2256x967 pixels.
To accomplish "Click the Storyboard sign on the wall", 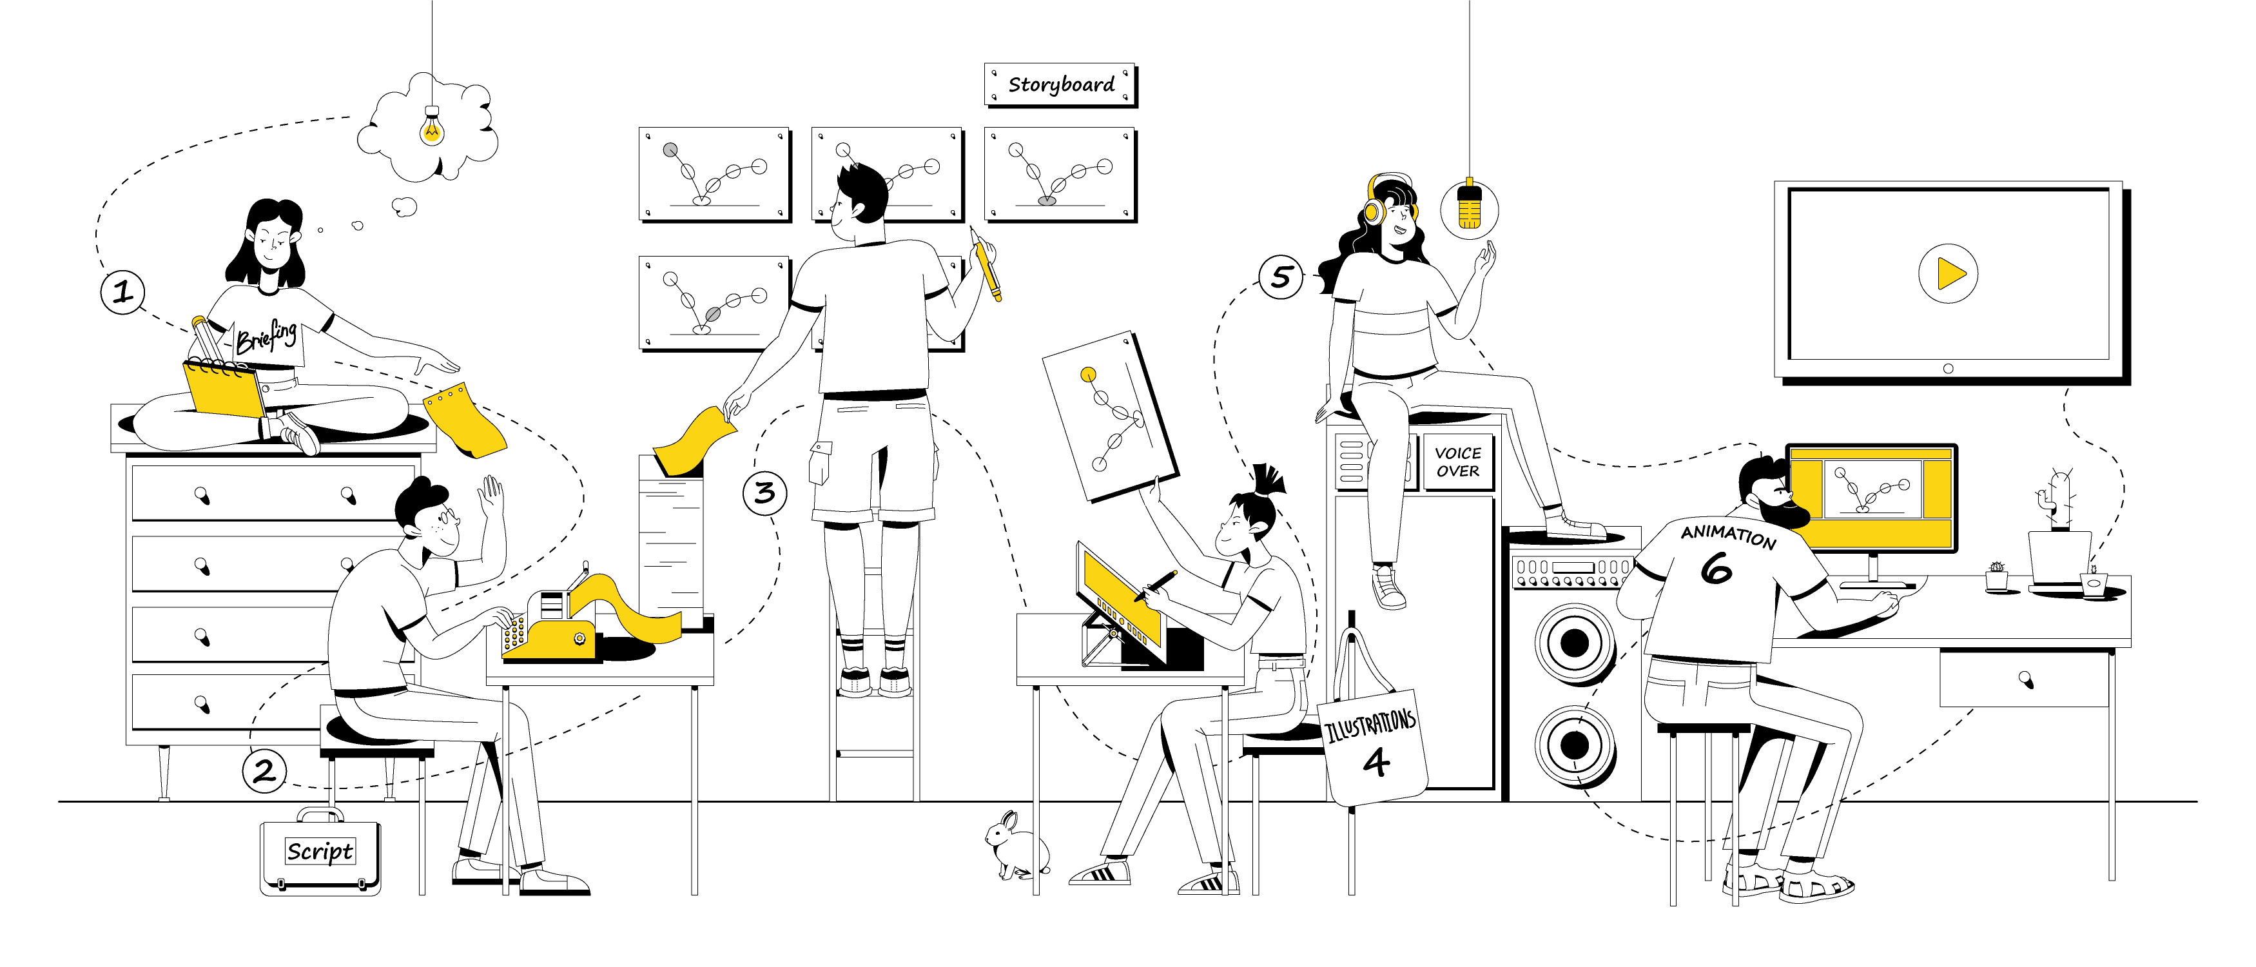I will pyautogui.click(x=1060, y=85).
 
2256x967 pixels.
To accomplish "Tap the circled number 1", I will pyautogui.click(x=122, y=291).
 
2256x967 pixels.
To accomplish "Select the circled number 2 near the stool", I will pyautogui.click(x=264, y=771).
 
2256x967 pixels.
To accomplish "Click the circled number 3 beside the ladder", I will pyautogui.click(x=764, y=493).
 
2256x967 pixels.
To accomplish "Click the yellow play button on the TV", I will pyautogui.click(x=1949, y=273).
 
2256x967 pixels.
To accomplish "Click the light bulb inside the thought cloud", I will pyautogui.click(x=432, y=128).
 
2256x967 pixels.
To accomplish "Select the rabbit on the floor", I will pyautogui.click(x=1013, y=845).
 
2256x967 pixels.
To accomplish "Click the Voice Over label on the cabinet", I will pyautogui.click(x=1457, y=462).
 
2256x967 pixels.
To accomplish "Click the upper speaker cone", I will pyautogui.click(x=1575, y=643).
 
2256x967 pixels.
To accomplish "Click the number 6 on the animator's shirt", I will pyautogui.click(x=1716, y=569).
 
